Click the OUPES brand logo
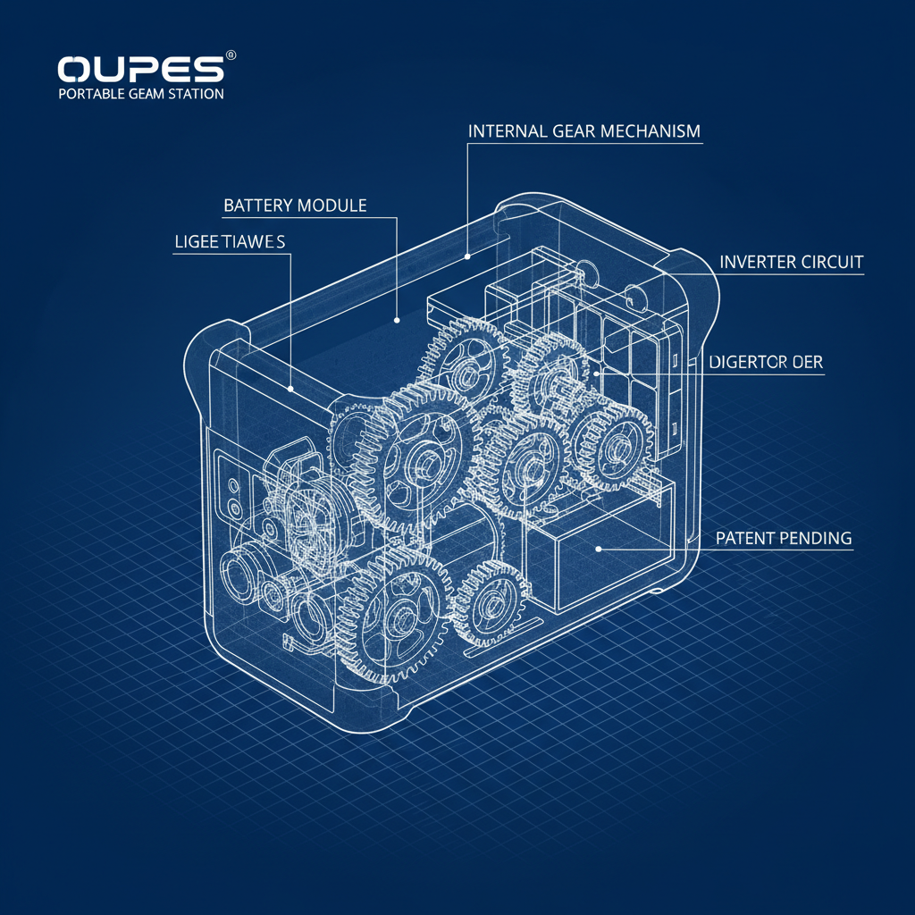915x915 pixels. (141, 70)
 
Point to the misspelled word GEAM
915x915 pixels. (147, 94)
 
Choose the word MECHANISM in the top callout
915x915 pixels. (651, 131)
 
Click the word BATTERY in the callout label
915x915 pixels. (256, 206)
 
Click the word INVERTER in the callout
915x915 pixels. (759, 263)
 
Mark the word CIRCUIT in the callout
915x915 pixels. (834, 263)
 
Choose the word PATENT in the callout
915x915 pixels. (747, 539)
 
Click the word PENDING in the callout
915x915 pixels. (817, 539)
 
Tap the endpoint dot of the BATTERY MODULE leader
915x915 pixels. (397, 316)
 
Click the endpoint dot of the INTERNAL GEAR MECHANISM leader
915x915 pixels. (467, 256)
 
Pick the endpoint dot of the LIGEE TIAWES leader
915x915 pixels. (291, 390)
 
